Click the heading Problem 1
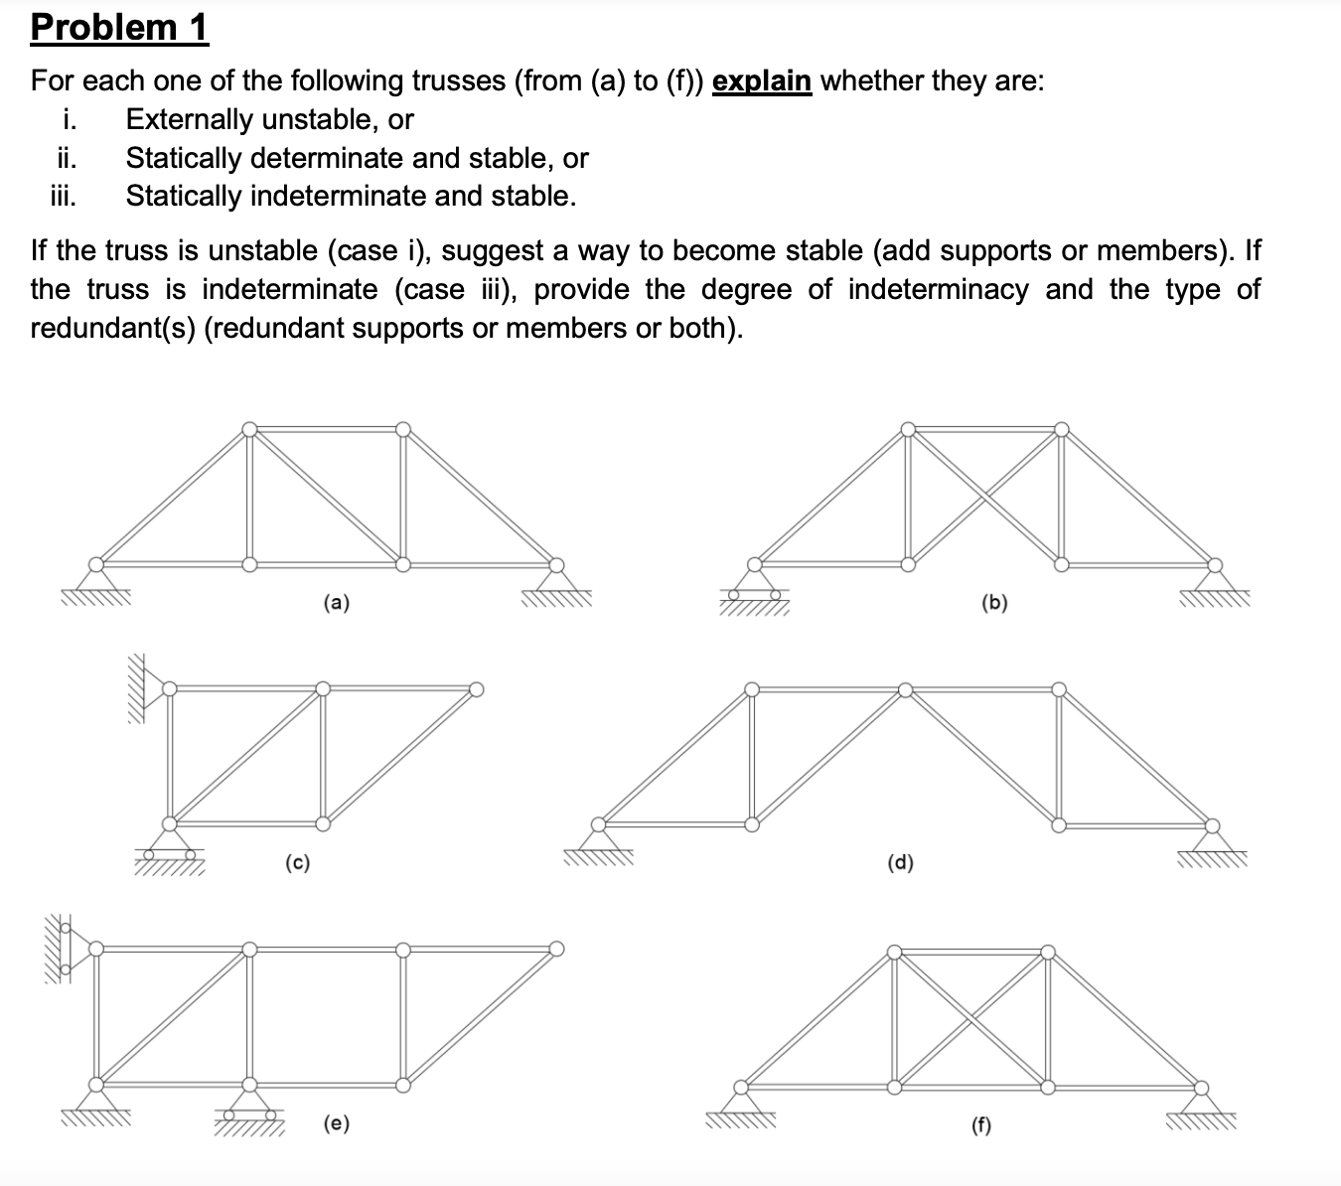(119, 27)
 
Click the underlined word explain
(762, 80)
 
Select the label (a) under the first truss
(337, 602)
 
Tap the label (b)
(993, 602)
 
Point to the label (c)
(297, 862)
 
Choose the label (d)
(900, 862)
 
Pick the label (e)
(337, 1123)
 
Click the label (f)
(980, 1124)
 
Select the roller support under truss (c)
(170, 844)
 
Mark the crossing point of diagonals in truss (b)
(984, 497)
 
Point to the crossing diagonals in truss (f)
(971, 1019)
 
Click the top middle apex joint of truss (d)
(905, 689)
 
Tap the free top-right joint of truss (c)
(477, 689)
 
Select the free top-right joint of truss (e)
(557, 949)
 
